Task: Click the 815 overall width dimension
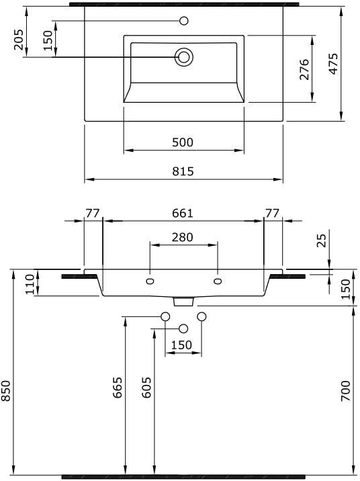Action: (x=183, y=171)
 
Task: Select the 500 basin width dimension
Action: (x=183, y=142)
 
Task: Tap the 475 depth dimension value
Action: (x=333, y=64)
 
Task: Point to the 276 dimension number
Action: (x=304, y=69)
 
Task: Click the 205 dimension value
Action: (x=19, y=39)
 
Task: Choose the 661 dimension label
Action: (x=183, y=213)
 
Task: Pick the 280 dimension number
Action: (x=183, y=237)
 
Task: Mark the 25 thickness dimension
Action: (x=321, y=240)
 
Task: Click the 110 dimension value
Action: (x=30, y=284)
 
